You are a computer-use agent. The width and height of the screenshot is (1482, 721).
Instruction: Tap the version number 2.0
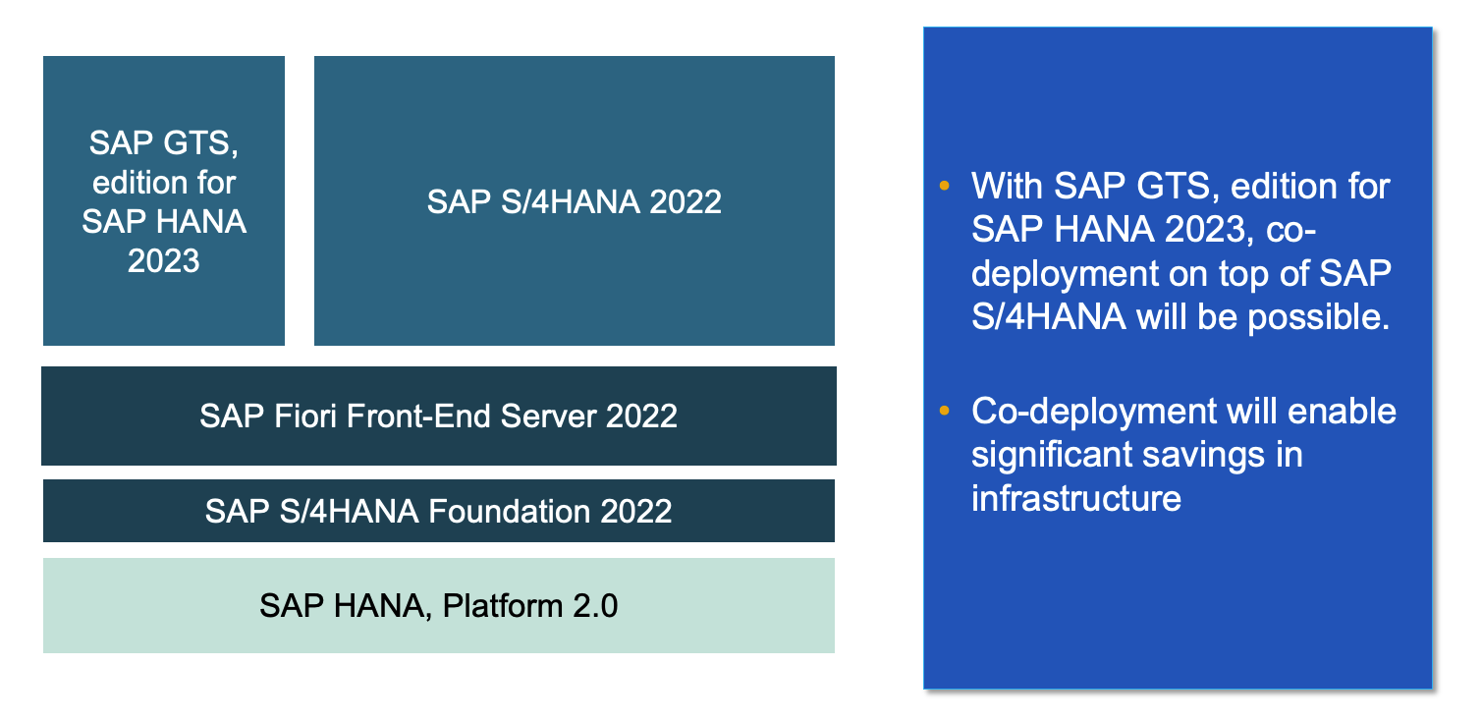(x=593, y=605)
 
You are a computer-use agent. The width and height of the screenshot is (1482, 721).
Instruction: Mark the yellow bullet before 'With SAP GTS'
(x=945, y=185)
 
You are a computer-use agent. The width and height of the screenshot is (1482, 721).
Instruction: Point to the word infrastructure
(x=1075, y=498)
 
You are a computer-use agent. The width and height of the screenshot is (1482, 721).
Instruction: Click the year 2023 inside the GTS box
(x=164, y=260)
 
